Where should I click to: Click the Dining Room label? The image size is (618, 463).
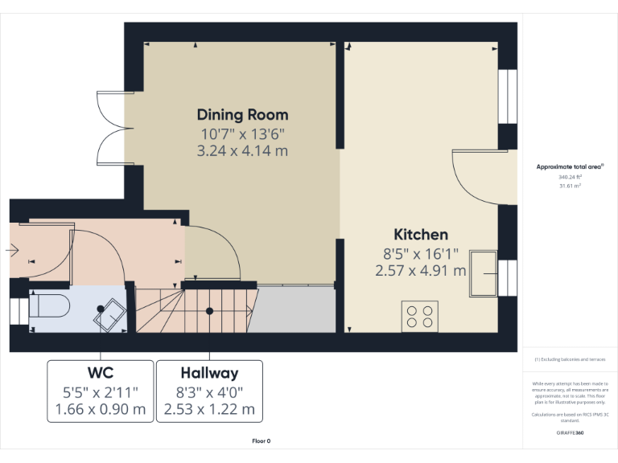pos(242,114)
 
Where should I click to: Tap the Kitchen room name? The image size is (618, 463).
pos(420,235)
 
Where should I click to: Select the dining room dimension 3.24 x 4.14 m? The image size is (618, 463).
pos(242,150)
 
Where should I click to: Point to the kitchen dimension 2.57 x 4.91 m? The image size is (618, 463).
pos(420,271)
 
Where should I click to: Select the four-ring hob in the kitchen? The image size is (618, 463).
pos(419,316)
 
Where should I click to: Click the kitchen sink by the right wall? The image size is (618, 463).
pos(486,274)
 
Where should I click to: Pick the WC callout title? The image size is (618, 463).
pos(100,373)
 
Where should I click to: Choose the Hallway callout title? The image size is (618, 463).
pos(209,373)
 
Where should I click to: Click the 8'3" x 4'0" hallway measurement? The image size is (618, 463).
pos(209,392)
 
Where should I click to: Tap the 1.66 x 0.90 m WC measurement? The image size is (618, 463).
pos(100,409)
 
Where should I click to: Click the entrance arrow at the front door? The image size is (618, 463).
pos(14,251)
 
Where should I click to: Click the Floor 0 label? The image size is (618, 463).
pos(262,441)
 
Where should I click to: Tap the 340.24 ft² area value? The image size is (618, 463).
pos(570,177)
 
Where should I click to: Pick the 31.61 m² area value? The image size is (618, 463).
pos(570,185)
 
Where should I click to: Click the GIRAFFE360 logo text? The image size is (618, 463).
pos(570,432)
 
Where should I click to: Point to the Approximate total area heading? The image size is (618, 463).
pos(570,167)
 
